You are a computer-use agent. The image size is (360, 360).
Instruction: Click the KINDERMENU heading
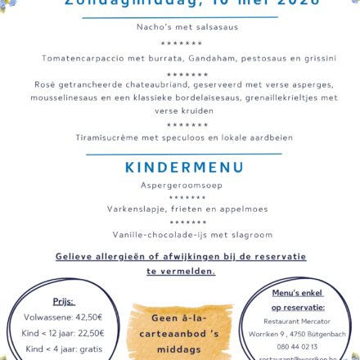(x=185, y=168)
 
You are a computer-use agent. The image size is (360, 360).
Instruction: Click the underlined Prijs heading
(x=64, y=301)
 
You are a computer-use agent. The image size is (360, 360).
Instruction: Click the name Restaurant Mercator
(x=297, y=322)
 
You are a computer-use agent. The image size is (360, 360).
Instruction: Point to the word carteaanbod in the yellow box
(x=168, y=335)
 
